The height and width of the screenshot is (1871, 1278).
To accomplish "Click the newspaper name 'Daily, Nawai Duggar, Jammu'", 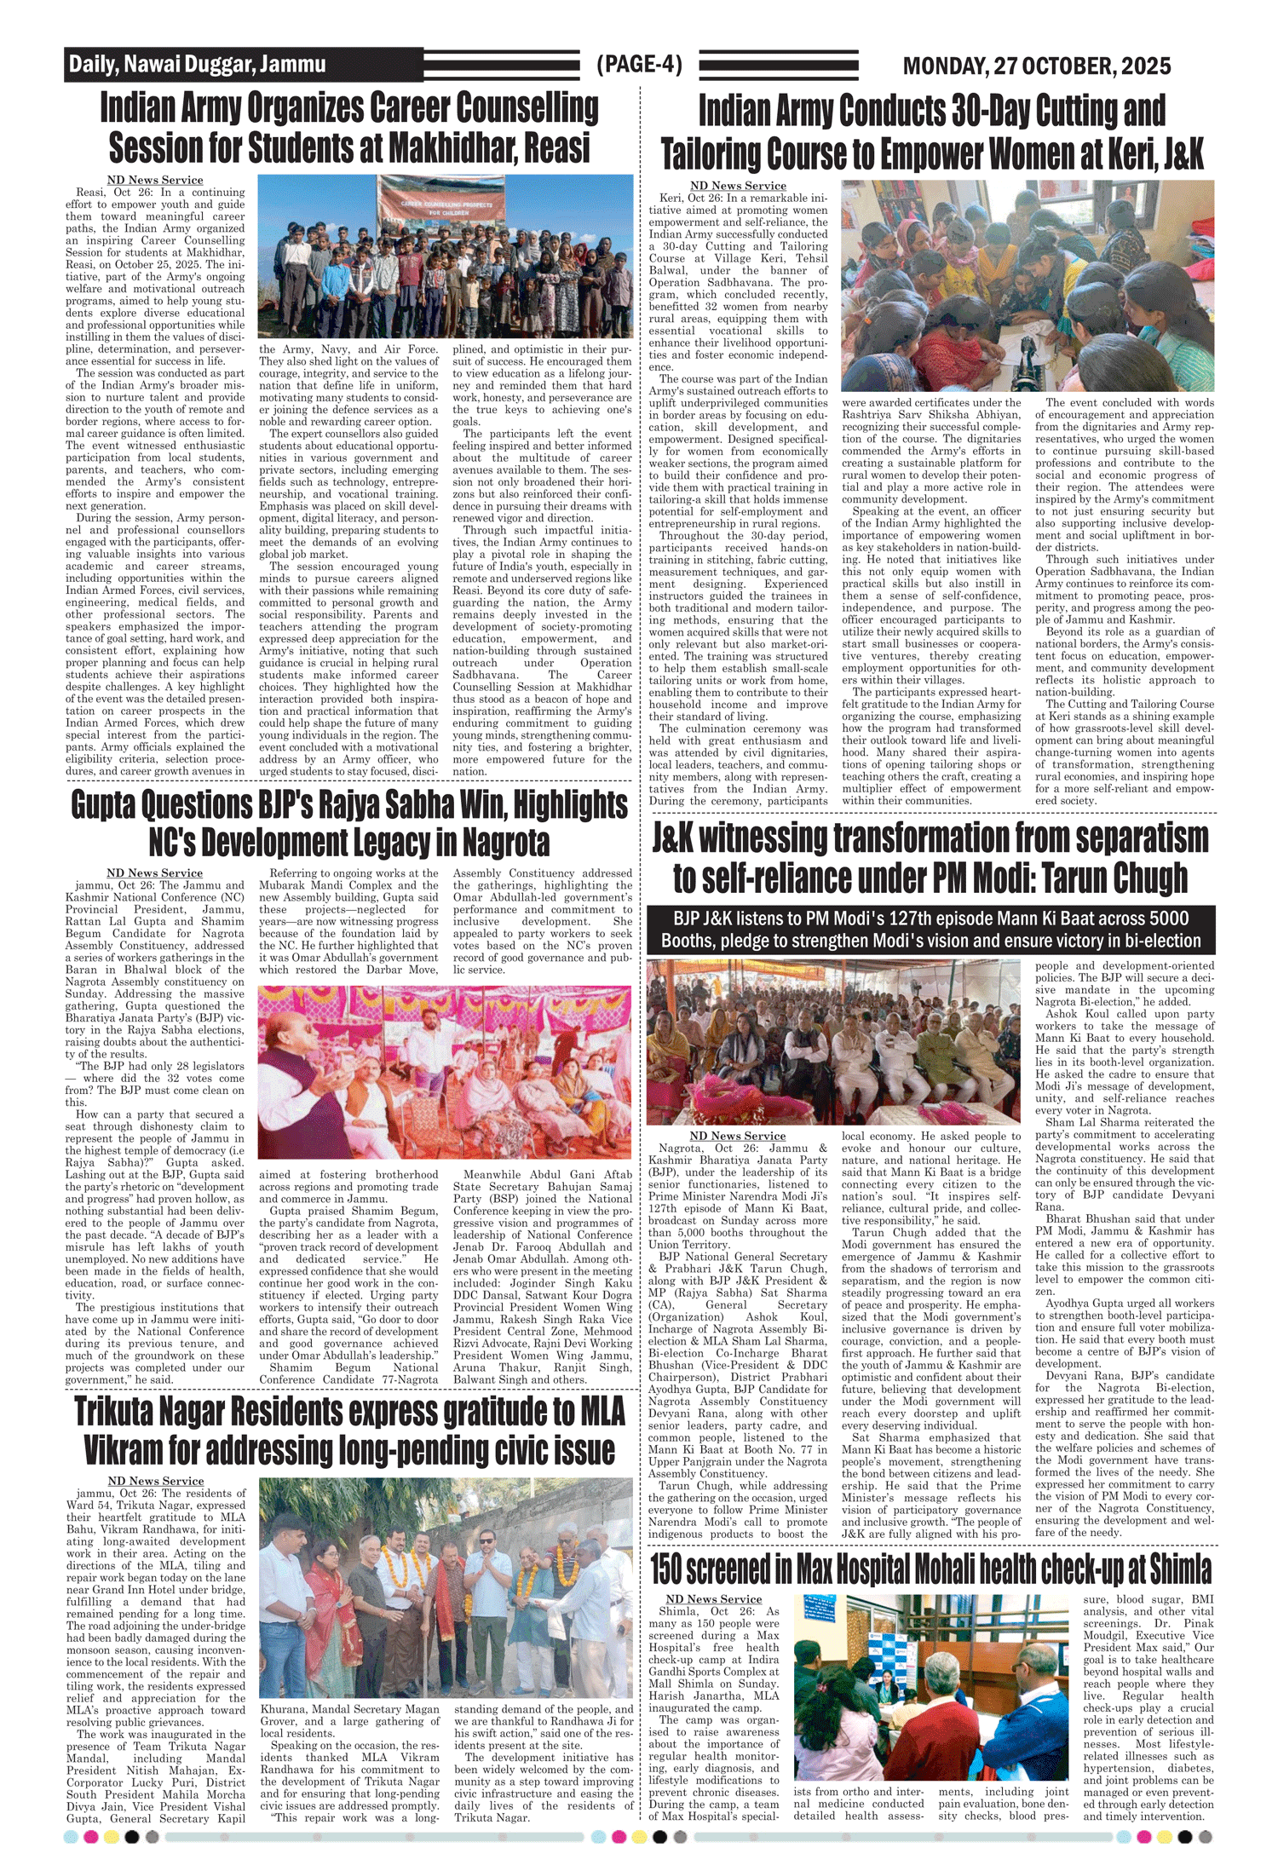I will [197, 64].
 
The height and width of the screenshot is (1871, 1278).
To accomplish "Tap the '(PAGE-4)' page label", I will [639, 64].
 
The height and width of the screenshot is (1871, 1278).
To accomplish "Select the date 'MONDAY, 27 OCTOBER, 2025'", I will [1036, 66].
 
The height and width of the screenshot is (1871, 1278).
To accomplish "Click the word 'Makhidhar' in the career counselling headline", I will [441, 147].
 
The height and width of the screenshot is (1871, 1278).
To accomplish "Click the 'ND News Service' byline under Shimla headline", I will [713, 1599].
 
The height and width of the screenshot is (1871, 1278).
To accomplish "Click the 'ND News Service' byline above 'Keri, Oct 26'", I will [738, 186].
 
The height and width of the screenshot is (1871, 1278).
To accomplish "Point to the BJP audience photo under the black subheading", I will [832, 1041].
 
